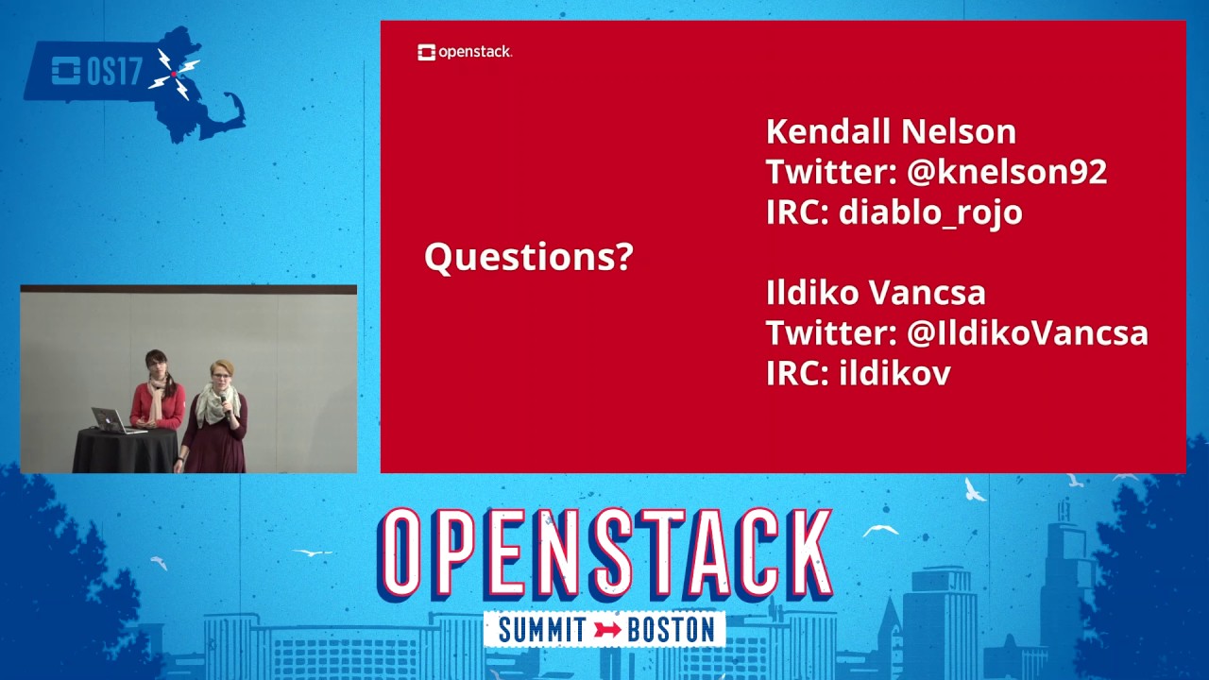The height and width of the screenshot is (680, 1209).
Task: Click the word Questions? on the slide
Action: coord(528,257)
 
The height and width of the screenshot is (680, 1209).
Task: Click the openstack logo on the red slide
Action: coord(465,52)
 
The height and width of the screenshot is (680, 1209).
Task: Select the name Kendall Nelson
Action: coord(891,131)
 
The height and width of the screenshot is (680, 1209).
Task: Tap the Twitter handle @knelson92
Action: coord(1007,172)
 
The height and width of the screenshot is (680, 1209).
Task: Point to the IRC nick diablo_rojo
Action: coord(930,212)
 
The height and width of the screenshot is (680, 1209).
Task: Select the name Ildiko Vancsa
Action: coord(876,293)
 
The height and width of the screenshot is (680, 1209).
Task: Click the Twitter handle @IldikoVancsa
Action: coord(1028,333)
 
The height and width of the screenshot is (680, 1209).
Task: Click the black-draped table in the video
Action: coord(125,451)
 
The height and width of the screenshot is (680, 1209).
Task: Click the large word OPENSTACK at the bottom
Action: coord(604,555)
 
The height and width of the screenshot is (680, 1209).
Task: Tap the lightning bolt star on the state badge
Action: coord(175,73)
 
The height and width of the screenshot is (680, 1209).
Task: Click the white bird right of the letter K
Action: coord(880,530)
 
